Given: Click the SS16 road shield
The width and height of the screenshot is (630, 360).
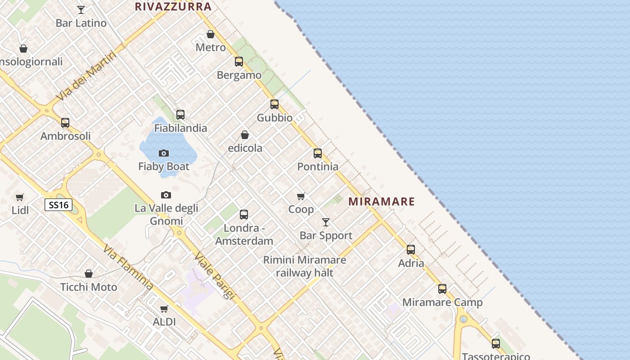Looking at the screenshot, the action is coord(58,205).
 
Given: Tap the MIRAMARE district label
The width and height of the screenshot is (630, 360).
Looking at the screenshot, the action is coord(382,201).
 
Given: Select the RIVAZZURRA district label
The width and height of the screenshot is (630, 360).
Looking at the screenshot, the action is coord(173,6).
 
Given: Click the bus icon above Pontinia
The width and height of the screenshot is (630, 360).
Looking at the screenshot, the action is coord(318,153).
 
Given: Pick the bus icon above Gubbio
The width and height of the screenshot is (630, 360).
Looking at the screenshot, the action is coord(274,104).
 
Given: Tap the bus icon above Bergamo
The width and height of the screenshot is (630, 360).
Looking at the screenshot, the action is coord(239,62).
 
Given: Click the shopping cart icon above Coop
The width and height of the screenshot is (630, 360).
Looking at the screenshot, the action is coord(301,196).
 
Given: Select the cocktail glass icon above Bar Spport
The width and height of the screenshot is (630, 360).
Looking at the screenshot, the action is coord(326,222).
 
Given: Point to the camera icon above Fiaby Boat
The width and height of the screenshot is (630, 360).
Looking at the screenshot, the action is coord(164,153).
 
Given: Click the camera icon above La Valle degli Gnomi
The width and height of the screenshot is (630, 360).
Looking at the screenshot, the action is coord(166,195).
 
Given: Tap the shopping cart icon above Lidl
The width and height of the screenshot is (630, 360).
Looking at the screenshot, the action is coord(20,197).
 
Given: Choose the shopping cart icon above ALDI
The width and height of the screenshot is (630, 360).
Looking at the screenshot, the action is coord(164,309).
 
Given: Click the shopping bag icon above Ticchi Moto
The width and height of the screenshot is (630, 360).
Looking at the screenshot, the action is coord(89,274).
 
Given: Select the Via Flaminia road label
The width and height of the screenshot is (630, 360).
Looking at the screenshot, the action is coord(127,267).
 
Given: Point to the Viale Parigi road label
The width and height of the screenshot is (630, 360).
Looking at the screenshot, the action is coord(215,275).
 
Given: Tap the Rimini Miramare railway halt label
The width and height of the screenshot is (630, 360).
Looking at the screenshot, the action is coord(305,266).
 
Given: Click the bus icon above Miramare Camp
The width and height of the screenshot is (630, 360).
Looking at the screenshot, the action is coord(442,289).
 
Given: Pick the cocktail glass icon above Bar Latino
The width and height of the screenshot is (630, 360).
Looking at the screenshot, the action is coord(81,9).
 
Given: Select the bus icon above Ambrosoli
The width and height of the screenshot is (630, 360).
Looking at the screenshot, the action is coord(65,123).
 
